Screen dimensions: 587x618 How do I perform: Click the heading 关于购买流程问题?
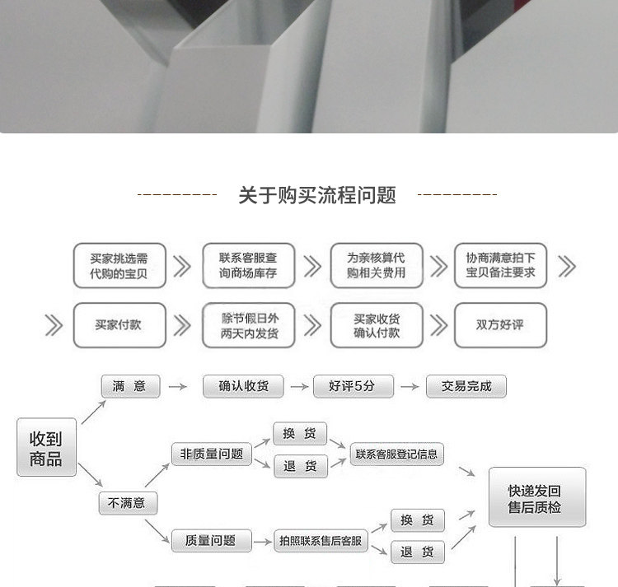317,195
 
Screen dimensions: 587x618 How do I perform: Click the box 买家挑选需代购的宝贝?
119,265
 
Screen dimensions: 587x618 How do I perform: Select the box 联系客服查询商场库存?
248,265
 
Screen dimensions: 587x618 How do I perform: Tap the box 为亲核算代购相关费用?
377,265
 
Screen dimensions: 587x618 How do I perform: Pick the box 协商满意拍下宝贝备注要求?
501,265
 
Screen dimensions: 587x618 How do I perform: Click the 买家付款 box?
119,325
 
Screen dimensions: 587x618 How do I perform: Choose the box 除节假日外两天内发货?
248,325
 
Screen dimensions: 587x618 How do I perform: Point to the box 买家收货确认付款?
377,325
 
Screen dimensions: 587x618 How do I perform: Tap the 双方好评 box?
500,325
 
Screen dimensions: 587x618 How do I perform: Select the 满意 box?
129,386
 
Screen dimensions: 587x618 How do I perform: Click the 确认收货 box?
243,386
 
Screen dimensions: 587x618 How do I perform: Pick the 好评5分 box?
353,386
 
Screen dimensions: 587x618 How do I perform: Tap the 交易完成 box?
466,386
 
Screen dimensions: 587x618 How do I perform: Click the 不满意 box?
128,503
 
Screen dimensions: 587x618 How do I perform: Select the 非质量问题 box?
211,454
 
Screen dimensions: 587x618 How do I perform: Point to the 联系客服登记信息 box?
396,454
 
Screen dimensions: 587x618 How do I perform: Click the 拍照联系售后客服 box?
321,541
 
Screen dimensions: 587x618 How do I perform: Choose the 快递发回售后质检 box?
536,498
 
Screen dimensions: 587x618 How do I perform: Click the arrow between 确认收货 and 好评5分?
297,386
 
